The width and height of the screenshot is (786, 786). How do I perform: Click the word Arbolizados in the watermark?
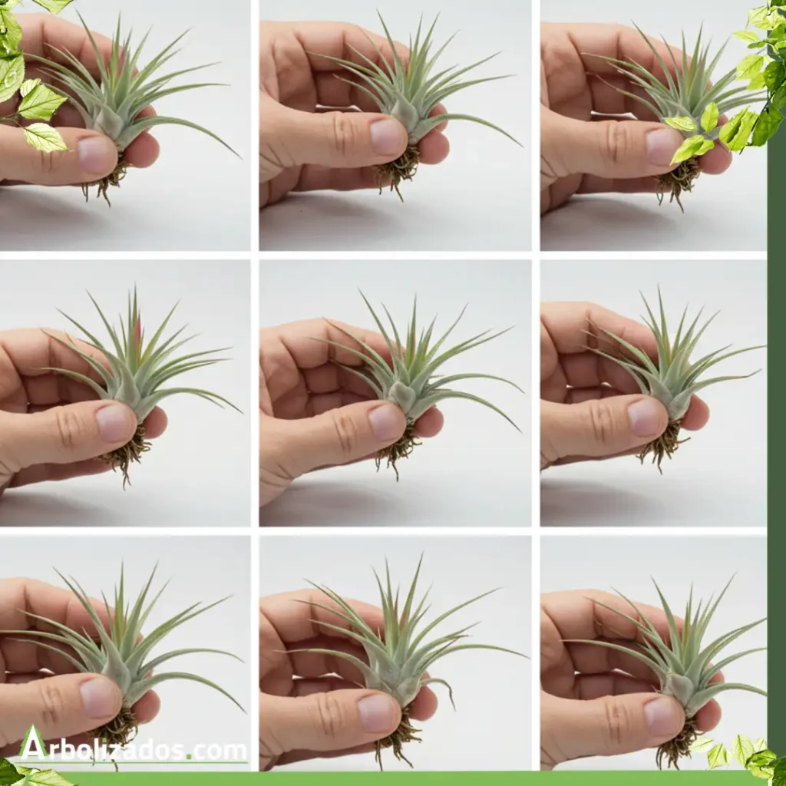tap(102, 751)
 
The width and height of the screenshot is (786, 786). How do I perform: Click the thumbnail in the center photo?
tap(386, 422)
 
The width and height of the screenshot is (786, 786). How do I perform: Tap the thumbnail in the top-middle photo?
tap(387, 137)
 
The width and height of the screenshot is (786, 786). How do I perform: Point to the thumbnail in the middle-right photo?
tap(646, 417)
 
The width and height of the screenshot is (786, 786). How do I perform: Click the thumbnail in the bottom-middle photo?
tap(377, 712)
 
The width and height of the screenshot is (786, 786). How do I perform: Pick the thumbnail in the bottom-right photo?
tap(663, 715)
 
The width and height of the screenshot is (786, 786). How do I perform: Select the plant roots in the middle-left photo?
tap(125, 454)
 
